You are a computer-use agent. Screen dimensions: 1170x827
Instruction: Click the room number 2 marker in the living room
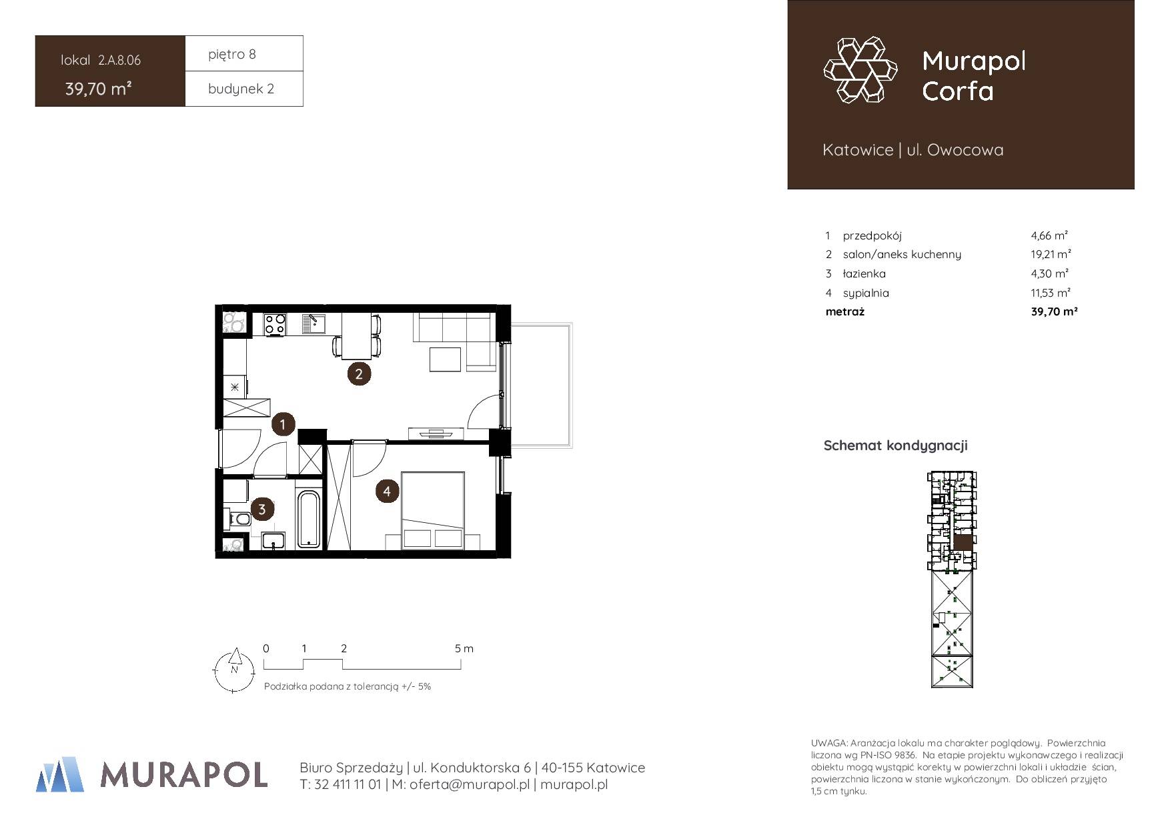[x=359, y=373]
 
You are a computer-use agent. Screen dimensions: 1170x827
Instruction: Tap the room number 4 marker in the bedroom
[x=387, y=492]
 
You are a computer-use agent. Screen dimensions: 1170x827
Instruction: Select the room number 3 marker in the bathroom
[x=261, y=510]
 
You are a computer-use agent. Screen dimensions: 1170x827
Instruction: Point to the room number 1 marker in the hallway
[x=283, y=424]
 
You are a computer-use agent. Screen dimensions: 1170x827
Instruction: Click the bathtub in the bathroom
[x=308, y=520]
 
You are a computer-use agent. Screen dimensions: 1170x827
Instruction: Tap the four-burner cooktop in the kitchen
[x=275, y=324]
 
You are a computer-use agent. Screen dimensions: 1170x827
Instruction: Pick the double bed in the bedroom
[x=432, y=511]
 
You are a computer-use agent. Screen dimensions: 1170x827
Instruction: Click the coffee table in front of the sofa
[x=445, y=359]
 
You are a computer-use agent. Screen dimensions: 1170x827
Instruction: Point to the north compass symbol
[x=233, y=670]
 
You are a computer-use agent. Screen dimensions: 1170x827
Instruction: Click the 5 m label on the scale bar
[x=464, y=648]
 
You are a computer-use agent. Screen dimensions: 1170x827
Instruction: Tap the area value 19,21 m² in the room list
[x=1051, y=254]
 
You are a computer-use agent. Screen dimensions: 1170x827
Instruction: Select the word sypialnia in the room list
[x=866, y=293]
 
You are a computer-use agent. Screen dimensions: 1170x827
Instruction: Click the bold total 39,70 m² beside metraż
[x=1054, y=311]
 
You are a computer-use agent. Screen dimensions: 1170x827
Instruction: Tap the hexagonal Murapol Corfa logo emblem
[x=860, y=70]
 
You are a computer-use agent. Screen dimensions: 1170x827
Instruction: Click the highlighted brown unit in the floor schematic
[x=963, y=542]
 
